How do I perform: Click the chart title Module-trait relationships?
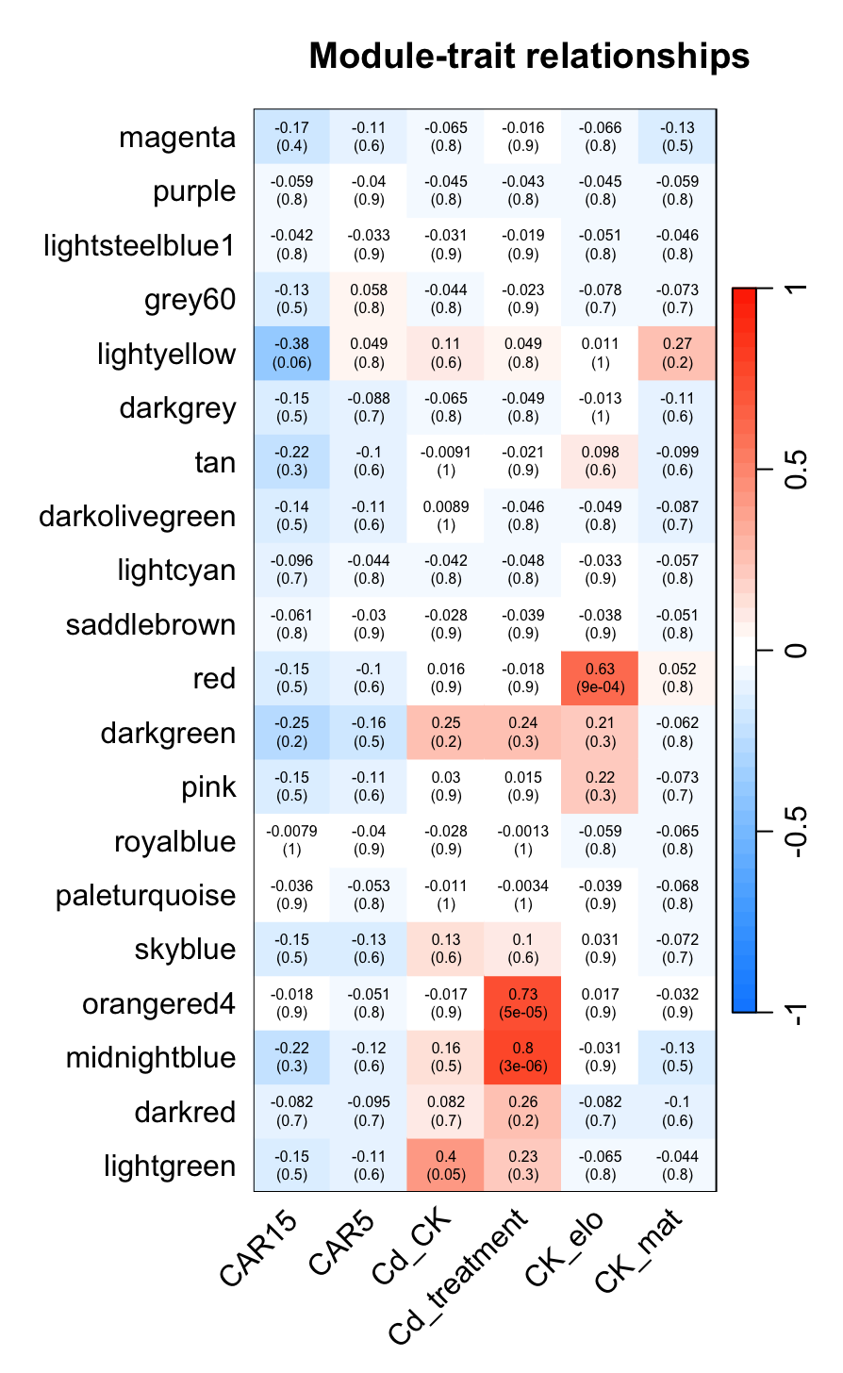529,57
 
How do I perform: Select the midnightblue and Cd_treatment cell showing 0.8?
523,1057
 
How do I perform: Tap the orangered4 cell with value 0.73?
523,1003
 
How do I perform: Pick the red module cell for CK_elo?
600,678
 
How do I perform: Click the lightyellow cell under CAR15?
291,354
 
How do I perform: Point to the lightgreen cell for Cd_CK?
446,1166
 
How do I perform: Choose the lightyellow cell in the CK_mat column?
677,354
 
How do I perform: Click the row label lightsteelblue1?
140,246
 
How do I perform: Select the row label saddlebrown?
151,625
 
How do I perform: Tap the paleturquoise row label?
145,895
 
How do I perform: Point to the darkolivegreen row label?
138,517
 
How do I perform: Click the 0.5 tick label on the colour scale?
797,469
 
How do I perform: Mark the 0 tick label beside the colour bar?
797,650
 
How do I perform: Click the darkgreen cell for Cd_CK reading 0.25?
446,733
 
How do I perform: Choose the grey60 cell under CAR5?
369,300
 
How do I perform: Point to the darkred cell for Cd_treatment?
523,1112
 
